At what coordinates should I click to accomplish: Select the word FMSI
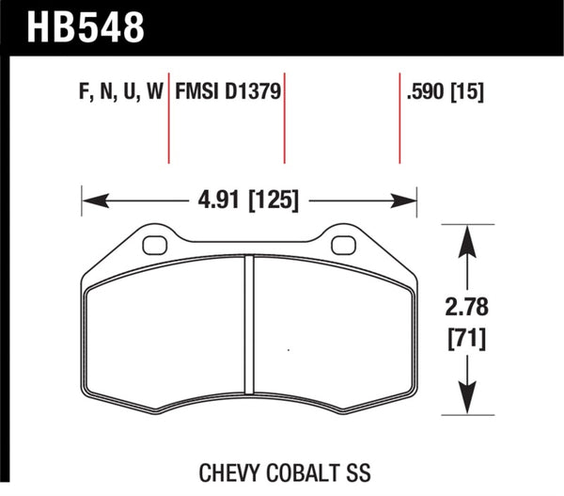[x=196, y=93]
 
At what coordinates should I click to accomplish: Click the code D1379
[x=254, y=93]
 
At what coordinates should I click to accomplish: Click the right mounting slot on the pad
[x=345, y=248]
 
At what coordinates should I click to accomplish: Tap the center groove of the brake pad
[x=250, y=329]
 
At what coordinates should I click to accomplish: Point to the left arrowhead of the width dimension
[x=88, y=200]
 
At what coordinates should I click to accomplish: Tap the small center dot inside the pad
[x=288, y=350]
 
